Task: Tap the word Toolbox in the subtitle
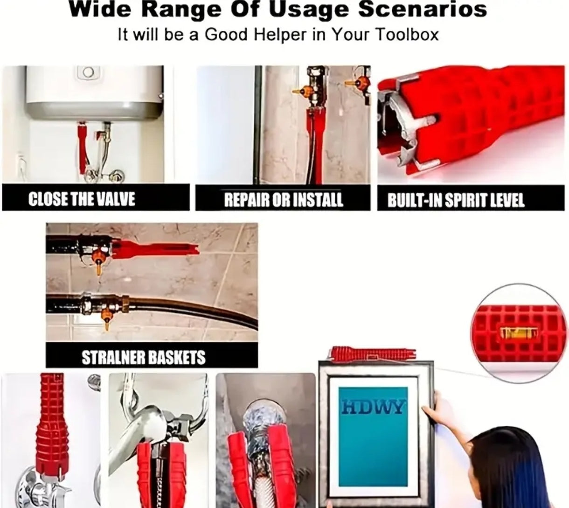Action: [x=406, y=35]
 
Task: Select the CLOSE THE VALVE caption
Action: [x=82, y=199]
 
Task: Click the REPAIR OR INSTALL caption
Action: [x=284, y=199]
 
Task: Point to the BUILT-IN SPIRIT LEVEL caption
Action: [x=456, y=200]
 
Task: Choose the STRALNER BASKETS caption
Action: [x=144, y=357]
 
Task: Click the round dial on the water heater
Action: [x=88, y=72]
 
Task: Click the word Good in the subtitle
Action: [x=226, y=35]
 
